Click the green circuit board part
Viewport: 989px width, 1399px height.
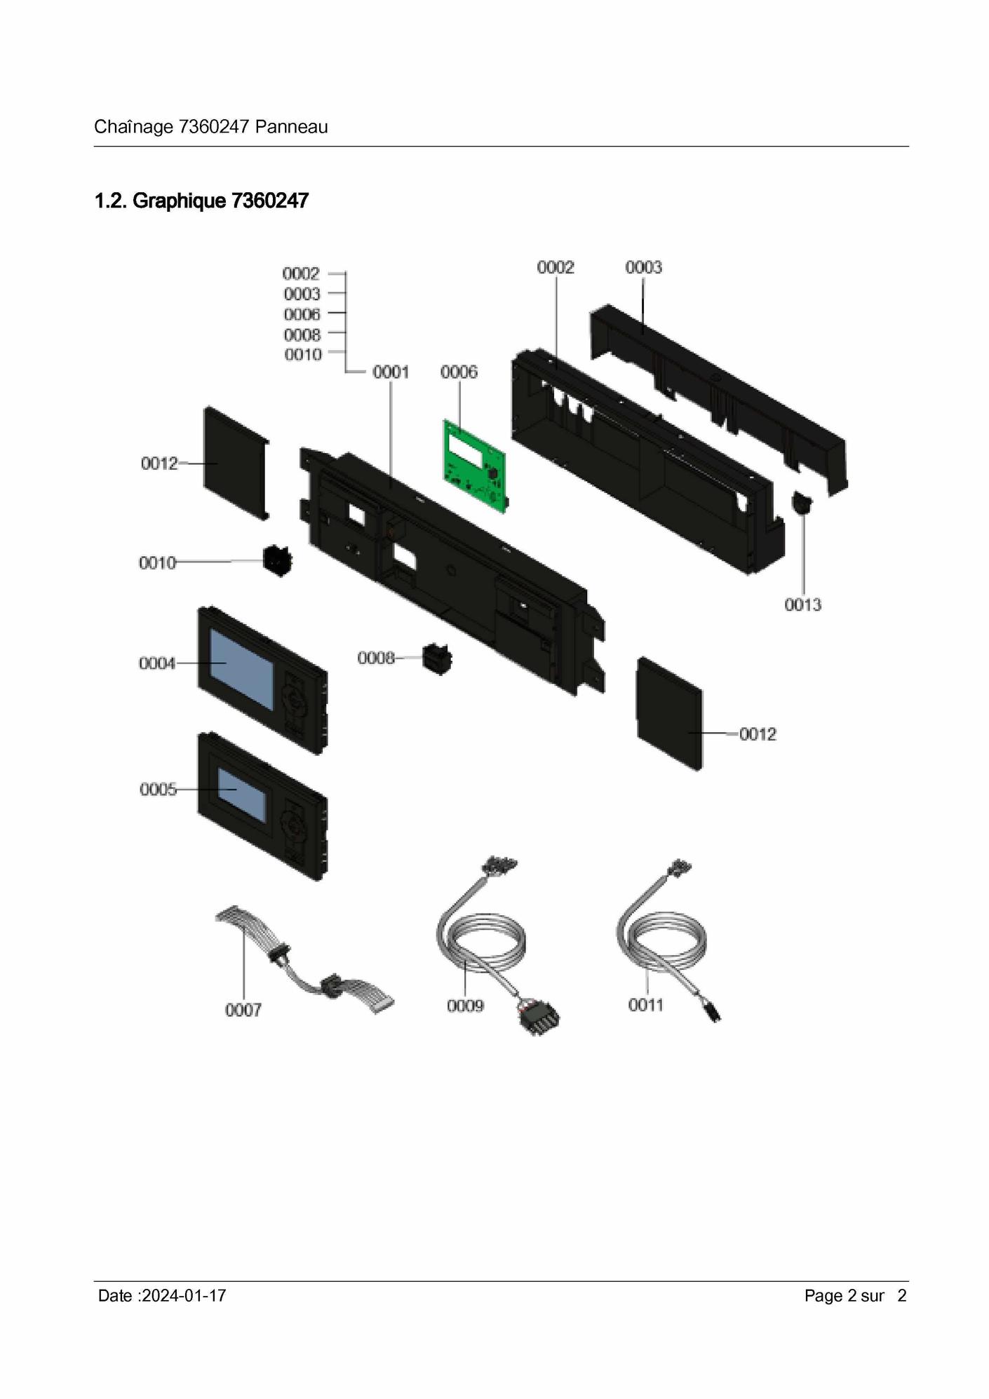[x=476, y=466]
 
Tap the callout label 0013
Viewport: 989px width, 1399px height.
[x=802, y=604]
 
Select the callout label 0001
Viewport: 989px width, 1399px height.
[x=391, y=372]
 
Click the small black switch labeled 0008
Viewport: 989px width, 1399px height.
[x=437, y=659]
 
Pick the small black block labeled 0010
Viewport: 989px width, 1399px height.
[x=278, y=561]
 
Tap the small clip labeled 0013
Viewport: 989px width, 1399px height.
[x=800, y=503]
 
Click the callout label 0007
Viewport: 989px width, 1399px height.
[x=243, y=1010]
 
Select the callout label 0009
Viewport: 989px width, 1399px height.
[x=465, y=1006]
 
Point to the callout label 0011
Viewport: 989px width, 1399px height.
[x=645, y=1005]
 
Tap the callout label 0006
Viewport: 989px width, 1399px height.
[x=459, y=372]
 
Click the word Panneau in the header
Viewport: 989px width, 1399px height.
[x=291, y=127]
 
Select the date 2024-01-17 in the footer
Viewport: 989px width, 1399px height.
[x=184, y=1296]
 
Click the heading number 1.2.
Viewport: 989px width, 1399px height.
[x=111, y=201]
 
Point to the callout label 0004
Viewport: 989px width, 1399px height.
[x=157, y=663]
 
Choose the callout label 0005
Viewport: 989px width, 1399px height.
[x=158, y=790]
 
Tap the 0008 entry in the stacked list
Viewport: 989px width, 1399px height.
[x=302, y=334]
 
